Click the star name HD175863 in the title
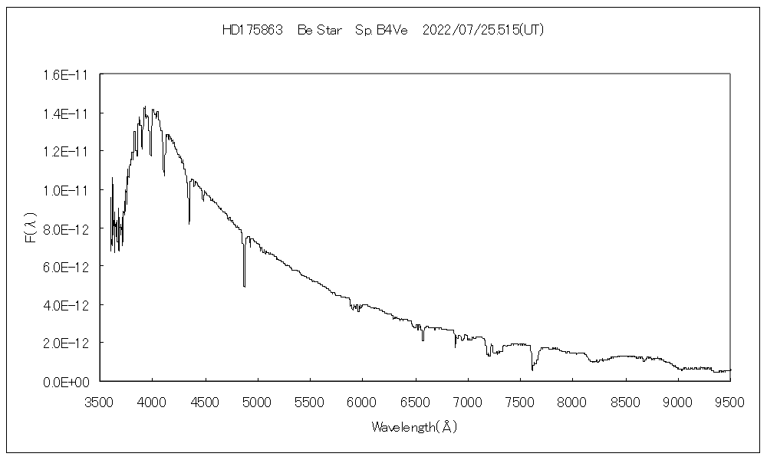(x=252, y=30)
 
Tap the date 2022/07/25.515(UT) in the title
(x=483, y=30)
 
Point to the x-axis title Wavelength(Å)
(x=414, y=426)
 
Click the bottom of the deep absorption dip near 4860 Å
(x=244, y=285)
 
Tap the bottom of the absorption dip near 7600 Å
(x=532, y=370)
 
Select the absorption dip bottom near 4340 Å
(x=189, y=222)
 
